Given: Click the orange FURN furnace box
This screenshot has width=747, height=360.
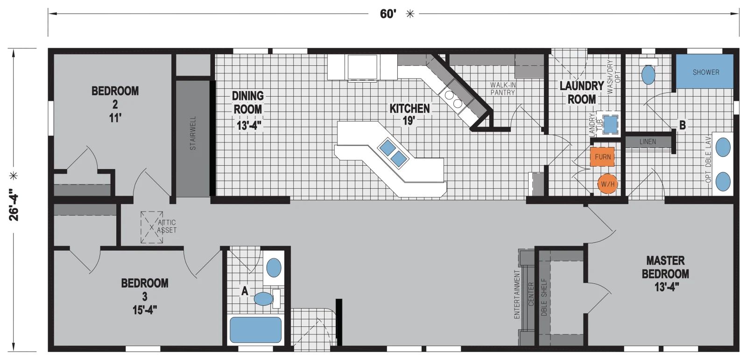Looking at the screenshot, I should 602,157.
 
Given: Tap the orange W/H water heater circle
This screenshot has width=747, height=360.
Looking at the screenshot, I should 607,184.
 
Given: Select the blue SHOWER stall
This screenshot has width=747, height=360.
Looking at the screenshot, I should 705,71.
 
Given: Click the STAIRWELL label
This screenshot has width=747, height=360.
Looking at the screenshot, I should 193,133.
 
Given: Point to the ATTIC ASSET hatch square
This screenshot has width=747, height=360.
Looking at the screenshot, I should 152,227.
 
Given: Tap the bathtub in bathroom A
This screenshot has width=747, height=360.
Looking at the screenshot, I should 255,330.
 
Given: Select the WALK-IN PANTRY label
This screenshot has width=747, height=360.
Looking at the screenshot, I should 503,89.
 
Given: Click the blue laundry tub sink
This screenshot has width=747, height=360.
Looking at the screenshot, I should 610,124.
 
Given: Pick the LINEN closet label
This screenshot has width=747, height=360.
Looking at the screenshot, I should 648,141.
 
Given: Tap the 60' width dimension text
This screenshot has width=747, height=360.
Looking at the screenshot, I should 388,14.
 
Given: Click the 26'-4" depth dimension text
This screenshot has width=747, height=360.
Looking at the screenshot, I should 14,204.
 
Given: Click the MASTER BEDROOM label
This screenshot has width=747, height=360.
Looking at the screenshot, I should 665,273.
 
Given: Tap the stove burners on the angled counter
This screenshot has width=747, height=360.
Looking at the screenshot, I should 453,99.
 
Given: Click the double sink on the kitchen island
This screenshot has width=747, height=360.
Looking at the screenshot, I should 393,153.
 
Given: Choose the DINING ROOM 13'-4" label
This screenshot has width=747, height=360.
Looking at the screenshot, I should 248,110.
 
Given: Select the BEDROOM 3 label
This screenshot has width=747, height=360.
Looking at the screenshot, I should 145,296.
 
